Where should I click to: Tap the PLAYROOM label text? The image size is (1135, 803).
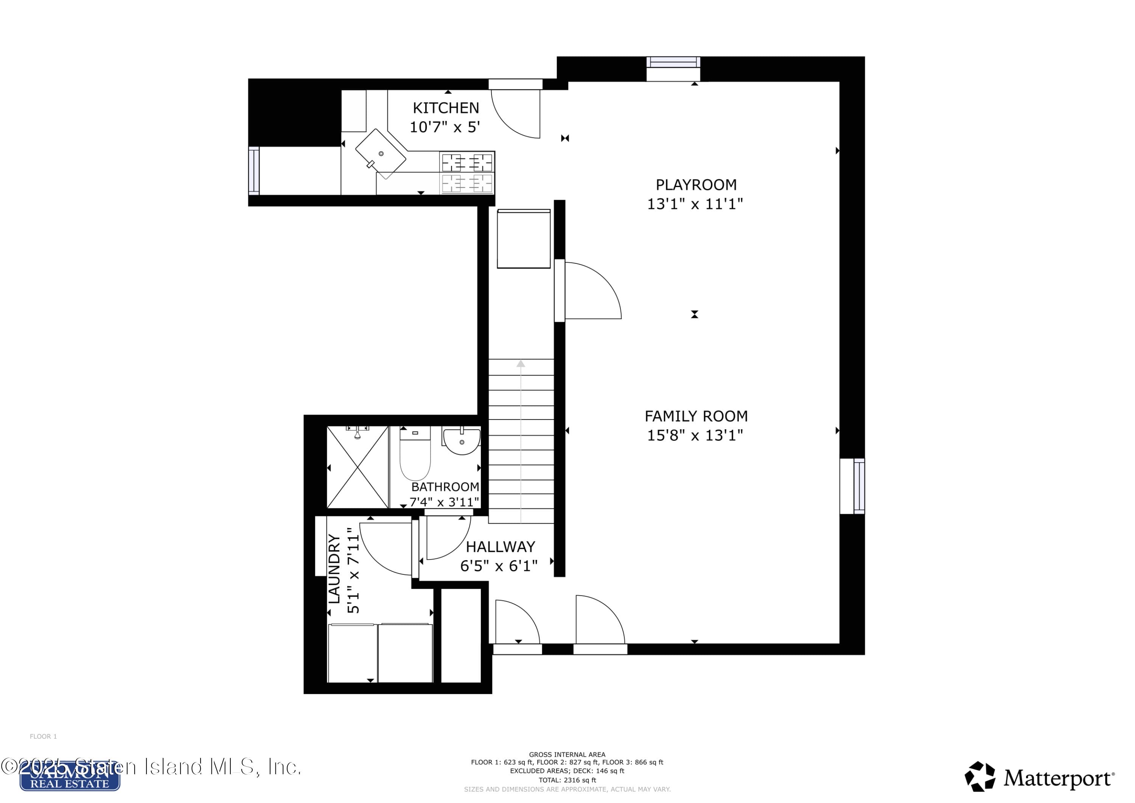click(x=695, y=185)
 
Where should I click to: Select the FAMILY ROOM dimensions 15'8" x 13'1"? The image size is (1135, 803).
click(x=695, y=435)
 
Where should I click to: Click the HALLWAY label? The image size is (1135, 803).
click(x=500, y=547)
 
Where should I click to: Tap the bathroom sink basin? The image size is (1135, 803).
click(x=462, y=441)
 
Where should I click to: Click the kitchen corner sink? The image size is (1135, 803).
click(x=380, y=154)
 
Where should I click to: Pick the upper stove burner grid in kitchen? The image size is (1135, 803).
click(x=466, y=162)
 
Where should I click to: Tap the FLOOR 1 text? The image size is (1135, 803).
click(x=44, y=737)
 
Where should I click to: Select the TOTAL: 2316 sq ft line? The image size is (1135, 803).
click(x=567, y=780)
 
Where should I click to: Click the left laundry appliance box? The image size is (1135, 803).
click(x=351, y=653)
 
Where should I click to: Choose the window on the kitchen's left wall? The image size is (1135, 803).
click(x=253, y=171)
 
